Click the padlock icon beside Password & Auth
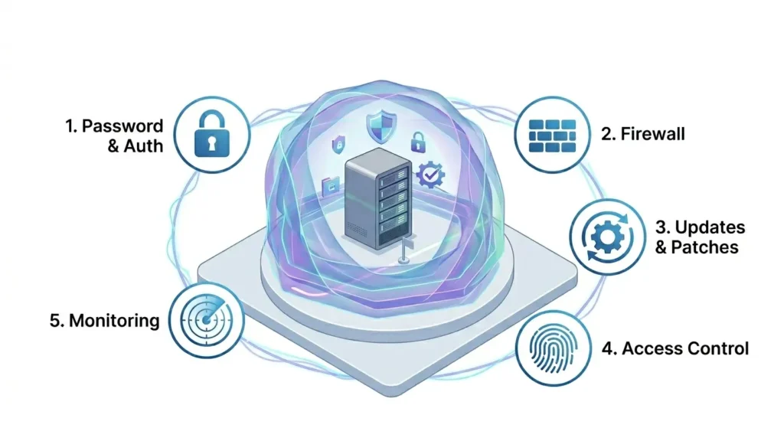click(212, 133)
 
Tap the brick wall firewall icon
click(552, 136)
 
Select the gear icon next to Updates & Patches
click(607, 237)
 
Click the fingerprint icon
click(553, 348)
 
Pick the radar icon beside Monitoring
click(206, 319)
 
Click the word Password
click(122, 126)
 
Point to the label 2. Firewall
click(642, 134)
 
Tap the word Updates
click(710, 227)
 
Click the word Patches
click(704, 247)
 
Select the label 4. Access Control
click(675, 348)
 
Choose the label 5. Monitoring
click(104, 321)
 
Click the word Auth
click(143, 146)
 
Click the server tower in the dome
click(378, 198)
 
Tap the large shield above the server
click(381, 127)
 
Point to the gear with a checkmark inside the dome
click(430, 174)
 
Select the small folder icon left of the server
click(331, 186)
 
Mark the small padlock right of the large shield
click(419, 142)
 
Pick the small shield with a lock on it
click(338, 144)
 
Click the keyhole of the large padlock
click(212, 144)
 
